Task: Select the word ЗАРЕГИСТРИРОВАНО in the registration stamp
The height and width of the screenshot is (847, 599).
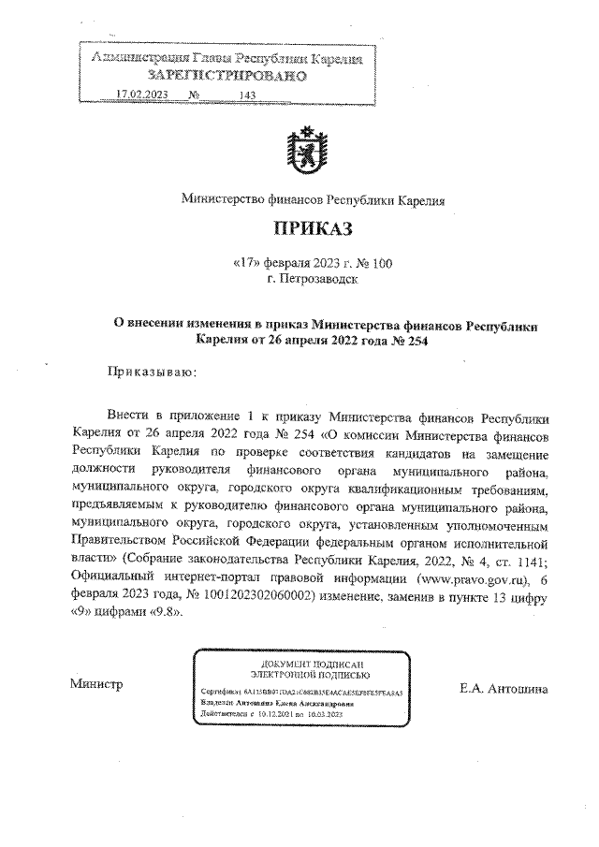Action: pos(227,75)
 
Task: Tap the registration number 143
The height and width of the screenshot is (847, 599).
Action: pos(248,95)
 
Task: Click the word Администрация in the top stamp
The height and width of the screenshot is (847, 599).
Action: pos(133,58)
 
